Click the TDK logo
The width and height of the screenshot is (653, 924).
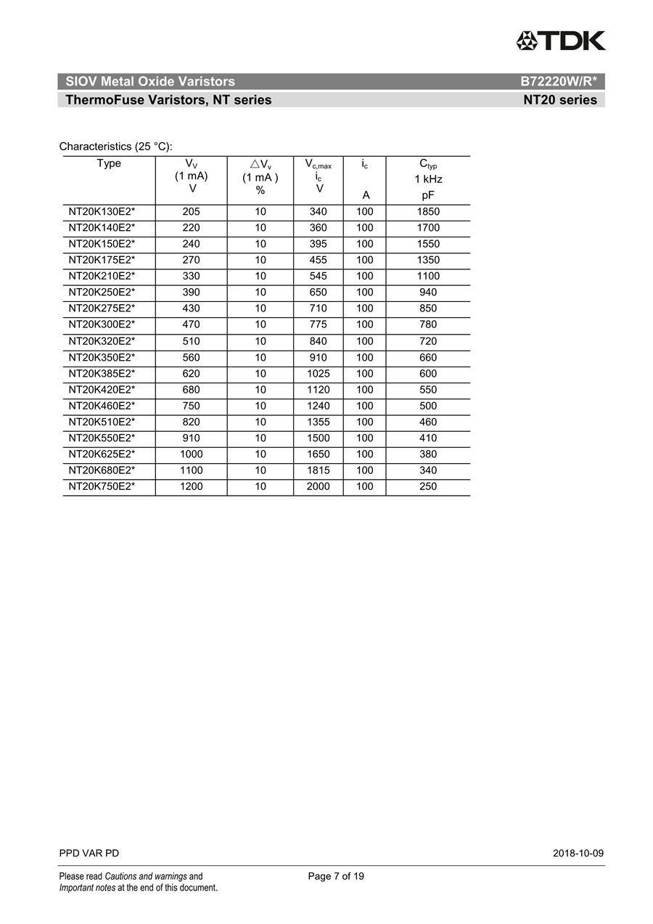tap(560, 41)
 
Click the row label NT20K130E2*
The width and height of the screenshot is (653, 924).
tap(102, 212)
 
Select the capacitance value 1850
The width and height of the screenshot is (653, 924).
tap(428, 212)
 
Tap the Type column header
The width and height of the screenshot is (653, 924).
tap(109, 164)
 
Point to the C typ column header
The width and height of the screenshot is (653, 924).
tap(428, 179)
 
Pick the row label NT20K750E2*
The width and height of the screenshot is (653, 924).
tap(102, 486)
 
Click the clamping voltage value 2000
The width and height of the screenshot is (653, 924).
tap(318, 486)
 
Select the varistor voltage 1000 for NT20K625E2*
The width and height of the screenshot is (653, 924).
tap(192, 454)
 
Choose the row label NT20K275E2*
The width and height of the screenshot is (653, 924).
tap(102, 308)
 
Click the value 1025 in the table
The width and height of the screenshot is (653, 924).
tap(318, 374)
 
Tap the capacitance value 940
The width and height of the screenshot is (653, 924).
tap(428, 293)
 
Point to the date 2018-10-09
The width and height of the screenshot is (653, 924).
tap(578, 854)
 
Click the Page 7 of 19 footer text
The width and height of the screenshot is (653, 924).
tap(336, 876)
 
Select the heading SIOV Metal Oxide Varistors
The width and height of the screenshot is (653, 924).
tap(150, 82)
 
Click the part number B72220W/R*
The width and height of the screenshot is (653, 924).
tap(559, 82)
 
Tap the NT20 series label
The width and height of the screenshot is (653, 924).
tap(560, 100)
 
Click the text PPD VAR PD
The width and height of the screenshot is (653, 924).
tap(89, 854)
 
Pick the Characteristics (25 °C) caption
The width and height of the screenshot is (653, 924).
tap(115, 147)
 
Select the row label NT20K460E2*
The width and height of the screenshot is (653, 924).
tap(102, 406)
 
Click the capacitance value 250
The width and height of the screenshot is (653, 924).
tap(428, 486)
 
